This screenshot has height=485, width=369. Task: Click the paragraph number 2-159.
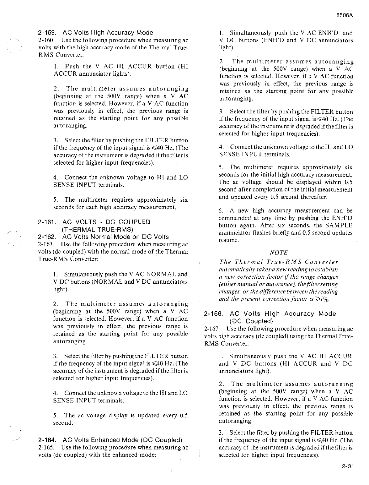[x=47, y=33]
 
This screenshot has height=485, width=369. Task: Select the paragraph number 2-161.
[x=47, y=222]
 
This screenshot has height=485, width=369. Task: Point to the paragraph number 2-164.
[x=47, y=440]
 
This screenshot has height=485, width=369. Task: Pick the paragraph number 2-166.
[x=213, y=314]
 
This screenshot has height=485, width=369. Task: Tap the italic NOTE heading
[x=279, y=253]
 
